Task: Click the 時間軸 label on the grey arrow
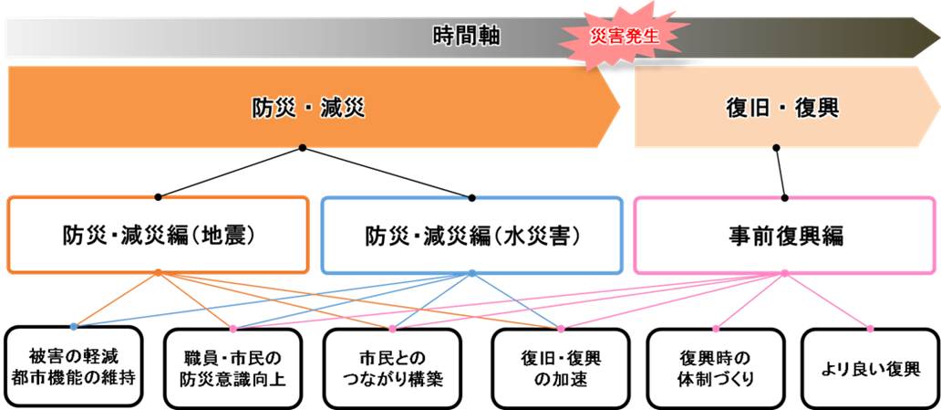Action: click(x=466, y=37)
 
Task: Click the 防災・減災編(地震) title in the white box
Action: click(x=157, y=235)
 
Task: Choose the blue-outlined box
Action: click(x=471, y=235)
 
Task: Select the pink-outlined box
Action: click(x=784, y=235)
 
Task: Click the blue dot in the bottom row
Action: click(x=74, y=326)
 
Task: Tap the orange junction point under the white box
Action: click(x=158, y=271)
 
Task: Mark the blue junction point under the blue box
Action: click(x=471, y=271)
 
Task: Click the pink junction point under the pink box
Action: click(x=784, y=271)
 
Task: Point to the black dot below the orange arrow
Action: click(x=303, y=147)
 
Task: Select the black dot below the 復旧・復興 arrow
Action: click(x=776, y=147)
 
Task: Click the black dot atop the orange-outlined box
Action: click(x=159, y=196)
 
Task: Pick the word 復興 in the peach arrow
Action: click(x=817, y=109)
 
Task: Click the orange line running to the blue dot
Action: click(x=116, y=299)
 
